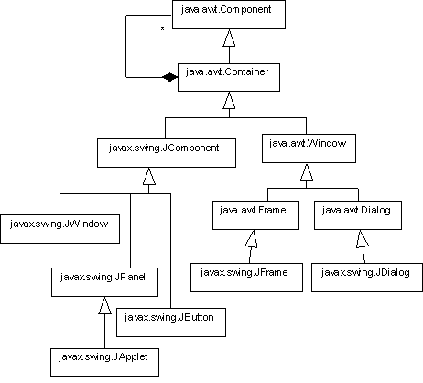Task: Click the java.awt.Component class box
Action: point(229,15)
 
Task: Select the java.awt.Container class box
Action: point(229,77)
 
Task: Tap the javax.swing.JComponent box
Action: point(167,153)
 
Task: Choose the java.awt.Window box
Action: point(309,148)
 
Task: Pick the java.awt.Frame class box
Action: point(255,215)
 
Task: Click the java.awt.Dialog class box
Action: point(358,215)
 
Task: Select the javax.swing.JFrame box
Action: point(246,278)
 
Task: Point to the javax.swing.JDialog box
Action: point(367,278)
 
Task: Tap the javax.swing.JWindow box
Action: point(60,229)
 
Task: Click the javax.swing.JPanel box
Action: point(104,282)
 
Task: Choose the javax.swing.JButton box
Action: point(171,323)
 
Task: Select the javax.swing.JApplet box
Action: point(104,362)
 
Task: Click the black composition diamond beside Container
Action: point(169,77)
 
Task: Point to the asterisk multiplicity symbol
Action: point(162,29)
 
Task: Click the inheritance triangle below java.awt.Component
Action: point(229,38)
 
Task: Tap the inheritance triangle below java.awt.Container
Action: point(229,100)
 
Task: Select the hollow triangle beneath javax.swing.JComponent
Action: point(149,176)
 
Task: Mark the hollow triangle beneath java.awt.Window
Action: point(307,171)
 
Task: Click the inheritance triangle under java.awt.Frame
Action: point(251,239)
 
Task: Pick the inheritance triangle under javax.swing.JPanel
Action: point(104,305)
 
